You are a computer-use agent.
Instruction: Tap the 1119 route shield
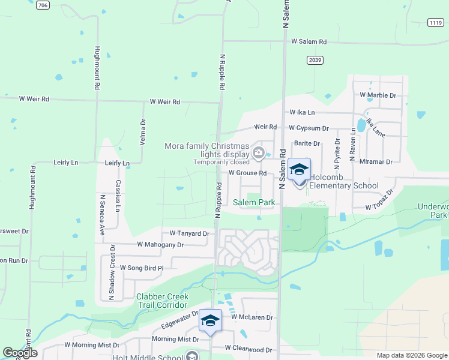tap(436, 22)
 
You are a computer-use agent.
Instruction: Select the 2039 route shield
tap(315, 59)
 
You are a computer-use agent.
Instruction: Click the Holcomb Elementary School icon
tap(299, 170)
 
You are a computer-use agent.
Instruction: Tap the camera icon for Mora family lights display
tap(259, 153)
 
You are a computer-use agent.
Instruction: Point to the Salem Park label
tap(254, 203)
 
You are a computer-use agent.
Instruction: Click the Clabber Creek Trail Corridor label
tap(162, 301)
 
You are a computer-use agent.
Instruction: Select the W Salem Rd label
tap(309, 42)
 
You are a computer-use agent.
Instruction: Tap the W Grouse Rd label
tap(247, 173)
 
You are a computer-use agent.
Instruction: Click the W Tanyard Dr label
tap(189, 233)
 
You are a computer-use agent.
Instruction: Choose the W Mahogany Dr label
tap(160, 244)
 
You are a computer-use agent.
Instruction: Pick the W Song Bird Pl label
tap(142, 268)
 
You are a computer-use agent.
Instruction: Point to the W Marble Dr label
tap(378, 95)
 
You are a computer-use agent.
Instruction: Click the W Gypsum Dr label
tap(309, 128)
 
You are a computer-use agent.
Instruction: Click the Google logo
tap(20, 353)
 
